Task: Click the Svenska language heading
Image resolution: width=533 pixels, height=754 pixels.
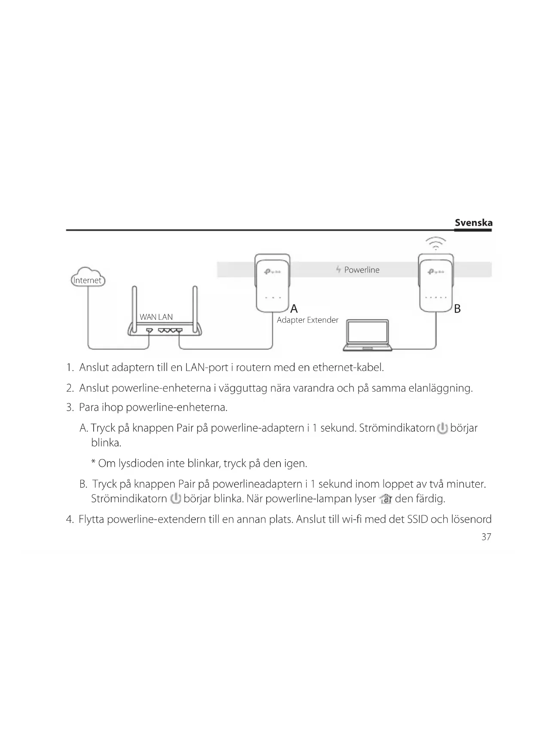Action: click(473, 223)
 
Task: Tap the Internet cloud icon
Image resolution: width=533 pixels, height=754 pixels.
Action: click(88, 278)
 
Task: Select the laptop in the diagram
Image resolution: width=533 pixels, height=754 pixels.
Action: click(368, 335)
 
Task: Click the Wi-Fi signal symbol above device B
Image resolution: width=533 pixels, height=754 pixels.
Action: click(436, 244)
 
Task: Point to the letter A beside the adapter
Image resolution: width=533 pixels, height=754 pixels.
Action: click(294, 309)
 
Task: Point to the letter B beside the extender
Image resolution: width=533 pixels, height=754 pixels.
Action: click(457, 309)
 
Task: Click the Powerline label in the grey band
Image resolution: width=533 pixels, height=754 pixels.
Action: click(362, 270)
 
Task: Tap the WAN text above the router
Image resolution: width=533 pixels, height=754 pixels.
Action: click(148, 317)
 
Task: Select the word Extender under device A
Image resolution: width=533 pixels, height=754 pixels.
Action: click(323, 320)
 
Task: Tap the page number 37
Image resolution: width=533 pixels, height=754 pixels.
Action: click(486, 537)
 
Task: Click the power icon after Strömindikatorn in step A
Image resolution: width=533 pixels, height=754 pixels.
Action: click(442, 429)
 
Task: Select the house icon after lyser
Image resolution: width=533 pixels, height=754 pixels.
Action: click(385, 499)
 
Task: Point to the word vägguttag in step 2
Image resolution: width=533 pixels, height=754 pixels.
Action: click(243, 388)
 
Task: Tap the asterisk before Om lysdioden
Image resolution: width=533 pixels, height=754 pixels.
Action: click(93, 463)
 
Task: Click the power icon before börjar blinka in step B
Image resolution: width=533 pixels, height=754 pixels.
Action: click(175, 499)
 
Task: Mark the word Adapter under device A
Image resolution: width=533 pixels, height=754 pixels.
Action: click(290, 320)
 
